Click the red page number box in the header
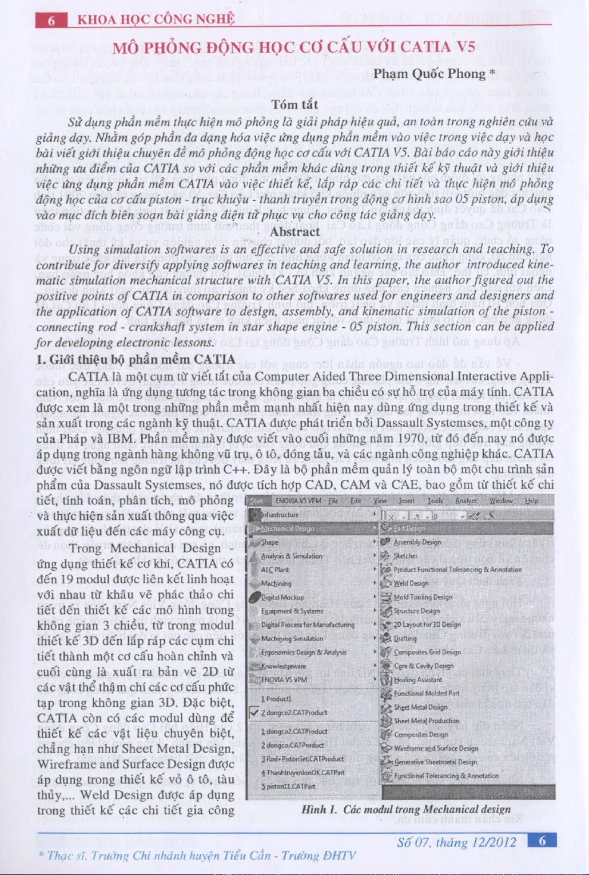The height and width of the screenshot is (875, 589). (x=51, y=21)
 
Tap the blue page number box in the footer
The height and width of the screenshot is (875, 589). (x=542, y=840)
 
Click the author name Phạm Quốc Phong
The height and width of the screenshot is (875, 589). (x=429, y=74)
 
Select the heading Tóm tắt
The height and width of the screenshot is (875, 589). (x=294, y=104)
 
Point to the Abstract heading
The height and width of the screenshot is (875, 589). (x=294, y=232)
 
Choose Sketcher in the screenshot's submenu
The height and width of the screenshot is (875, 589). (x=405, y=555)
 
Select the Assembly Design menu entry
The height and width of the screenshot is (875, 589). (x=417, y=542)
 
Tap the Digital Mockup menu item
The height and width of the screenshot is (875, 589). (x=282, y=597)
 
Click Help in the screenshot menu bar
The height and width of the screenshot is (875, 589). (x=531, y=500)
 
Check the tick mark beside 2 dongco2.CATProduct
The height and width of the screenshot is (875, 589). (x=254, y=713)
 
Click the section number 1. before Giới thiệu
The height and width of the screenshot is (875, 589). (x=41, y=359)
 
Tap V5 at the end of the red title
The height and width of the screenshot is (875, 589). (x=465, y=47)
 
